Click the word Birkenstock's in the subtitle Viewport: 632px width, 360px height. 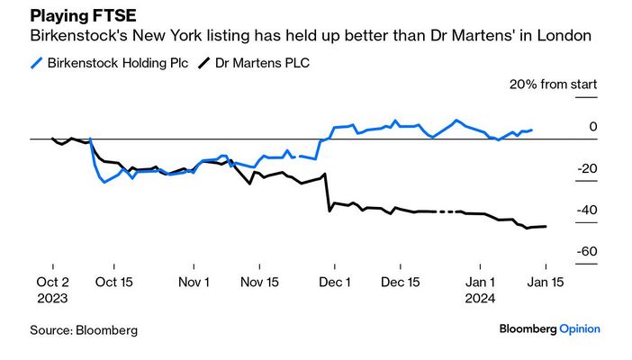[77, 37]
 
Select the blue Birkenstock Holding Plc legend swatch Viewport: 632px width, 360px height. [36, 64]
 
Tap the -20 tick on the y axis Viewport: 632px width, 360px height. [587, 169]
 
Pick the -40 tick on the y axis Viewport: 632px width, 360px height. [587, 211]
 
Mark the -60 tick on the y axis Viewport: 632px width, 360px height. [587, 253]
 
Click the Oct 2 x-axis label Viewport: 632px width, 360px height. [53, 282]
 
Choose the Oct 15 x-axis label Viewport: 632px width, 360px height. [113, 282]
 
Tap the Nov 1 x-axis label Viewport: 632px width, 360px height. [194, 282]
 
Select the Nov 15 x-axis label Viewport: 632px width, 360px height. [260, 282]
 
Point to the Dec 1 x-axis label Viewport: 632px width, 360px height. [334, 282]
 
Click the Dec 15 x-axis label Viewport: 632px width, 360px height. [401, 282]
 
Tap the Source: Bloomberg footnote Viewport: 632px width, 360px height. [84, 330]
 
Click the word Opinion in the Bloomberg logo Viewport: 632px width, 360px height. [580, 329]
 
